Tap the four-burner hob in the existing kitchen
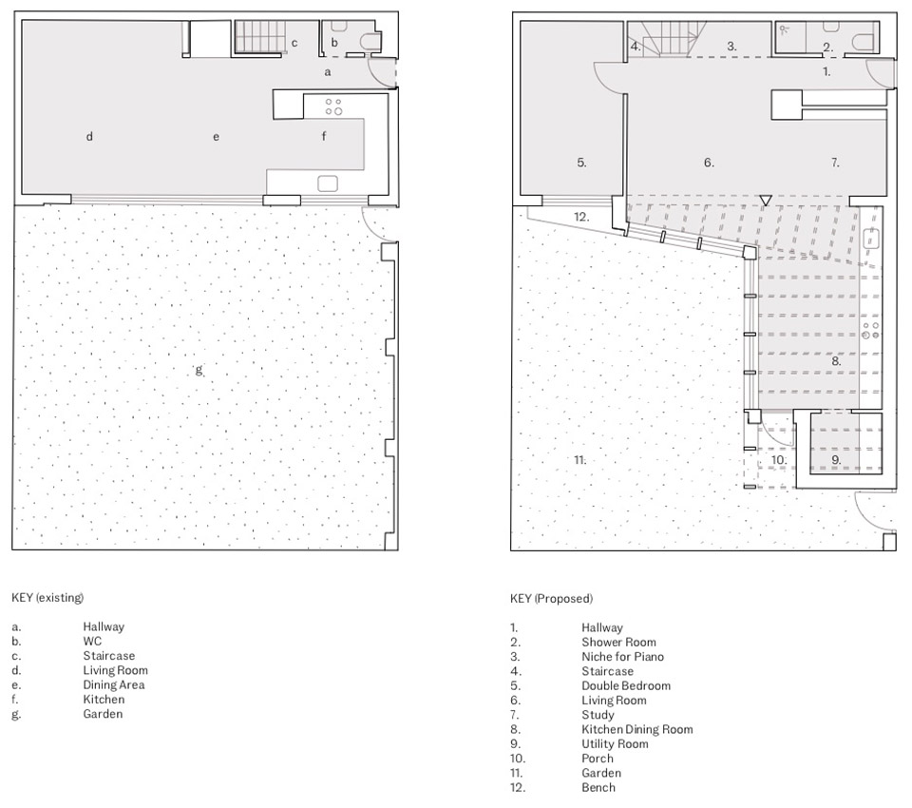tap(333, 106)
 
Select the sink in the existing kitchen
tap(328, 183)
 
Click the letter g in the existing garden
tap(199, 370)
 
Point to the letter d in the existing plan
tap(89, 136)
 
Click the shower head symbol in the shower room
tap(784, 28)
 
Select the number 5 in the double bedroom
tap(581, 163)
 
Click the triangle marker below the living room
tap(766, 201)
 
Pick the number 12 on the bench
tap(581, 217)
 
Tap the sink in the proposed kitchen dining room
tap(871, 238)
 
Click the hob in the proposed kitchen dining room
tap(871, 331)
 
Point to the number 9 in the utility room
tap(836, 460)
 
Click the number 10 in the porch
tap(779, 460)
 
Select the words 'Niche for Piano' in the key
tap(622, 657)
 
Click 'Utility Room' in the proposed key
tap(615, 744)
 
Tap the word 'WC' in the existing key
tap(92, 642)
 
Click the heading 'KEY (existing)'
tap(47, 597)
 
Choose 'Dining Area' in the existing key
tap(113, 685)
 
